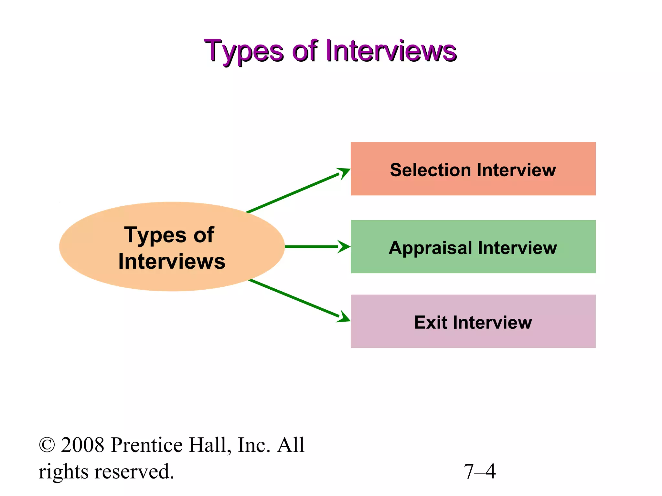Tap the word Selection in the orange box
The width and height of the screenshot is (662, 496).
point(430,170)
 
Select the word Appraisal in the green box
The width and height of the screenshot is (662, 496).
point(430,248)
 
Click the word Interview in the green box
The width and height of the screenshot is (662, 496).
point(517,248)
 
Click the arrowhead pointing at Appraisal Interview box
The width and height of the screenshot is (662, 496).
point(344,247)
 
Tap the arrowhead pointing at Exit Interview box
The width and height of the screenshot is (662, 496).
point(344,317)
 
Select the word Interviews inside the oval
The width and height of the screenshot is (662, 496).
point(172,261)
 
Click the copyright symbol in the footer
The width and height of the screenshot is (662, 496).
point(47,445)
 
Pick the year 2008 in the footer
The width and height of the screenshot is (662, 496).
point(82,445)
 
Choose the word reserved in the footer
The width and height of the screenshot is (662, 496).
point(134,471)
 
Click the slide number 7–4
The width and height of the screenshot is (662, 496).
point(479,471)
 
